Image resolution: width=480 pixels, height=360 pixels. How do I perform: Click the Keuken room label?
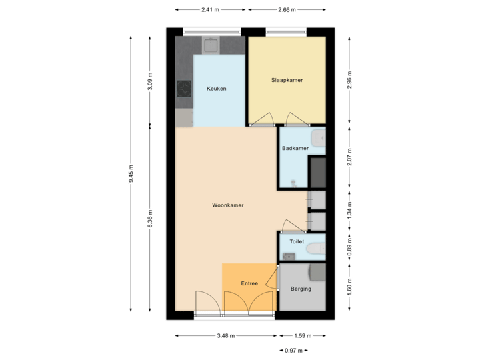217,89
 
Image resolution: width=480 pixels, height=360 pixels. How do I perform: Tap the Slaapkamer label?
287,80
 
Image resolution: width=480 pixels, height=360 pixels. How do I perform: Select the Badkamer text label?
295,148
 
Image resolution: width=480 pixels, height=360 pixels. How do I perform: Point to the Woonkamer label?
227,205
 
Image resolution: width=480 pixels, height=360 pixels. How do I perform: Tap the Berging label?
301,289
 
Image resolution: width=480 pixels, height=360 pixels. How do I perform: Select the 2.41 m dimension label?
211,10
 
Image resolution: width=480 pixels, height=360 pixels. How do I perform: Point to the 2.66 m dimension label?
287,10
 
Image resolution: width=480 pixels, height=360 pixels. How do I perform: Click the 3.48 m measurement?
226,336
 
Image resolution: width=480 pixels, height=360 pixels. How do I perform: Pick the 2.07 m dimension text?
349,157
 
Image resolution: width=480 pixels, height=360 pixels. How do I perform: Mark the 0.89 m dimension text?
349,247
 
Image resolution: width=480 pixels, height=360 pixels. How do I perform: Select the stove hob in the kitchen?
183,89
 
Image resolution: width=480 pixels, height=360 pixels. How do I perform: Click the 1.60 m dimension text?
349,287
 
